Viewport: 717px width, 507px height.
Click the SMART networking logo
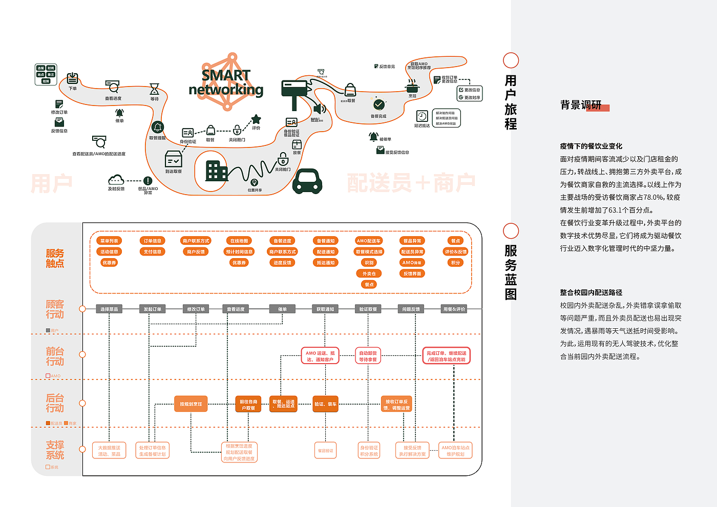226,82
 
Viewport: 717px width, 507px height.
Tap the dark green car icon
307,181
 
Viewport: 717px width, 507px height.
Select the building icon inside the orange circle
216,171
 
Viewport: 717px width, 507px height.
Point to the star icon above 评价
256,119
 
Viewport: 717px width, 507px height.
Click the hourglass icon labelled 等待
154,89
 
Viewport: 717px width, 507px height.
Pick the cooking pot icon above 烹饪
412,86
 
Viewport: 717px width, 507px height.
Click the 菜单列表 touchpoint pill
109,241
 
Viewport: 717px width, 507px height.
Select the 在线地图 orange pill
239,241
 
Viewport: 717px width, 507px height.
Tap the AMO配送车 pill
369,241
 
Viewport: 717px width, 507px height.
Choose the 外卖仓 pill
369,273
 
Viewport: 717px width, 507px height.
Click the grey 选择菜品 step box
109,309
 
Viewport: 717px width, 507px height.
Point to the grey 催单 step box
282,309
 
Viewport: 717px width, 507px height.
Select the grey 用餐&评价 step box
455,309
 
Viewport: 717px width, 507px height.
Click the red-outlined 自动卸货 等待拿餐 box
368,356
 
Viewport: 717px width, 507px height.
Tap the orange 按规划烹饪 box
191,404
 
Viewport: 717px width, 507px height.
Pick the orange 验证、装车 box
326,404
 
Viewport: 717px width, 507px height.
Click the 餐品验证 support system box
326,451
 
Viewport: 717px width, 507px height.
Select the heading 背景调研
581,105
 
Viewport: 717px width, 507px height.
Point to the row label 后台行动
55,403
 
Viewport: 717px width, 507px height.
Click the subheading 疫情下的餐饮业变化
591,146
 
